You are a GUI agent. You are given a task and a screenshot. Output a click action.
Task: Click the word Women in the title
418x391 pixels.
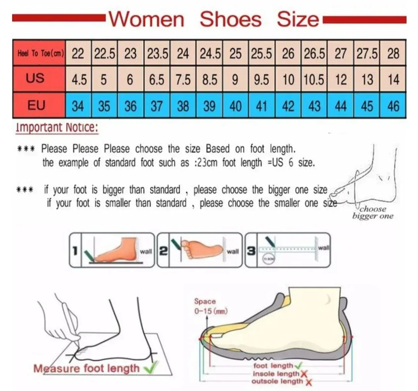coord(146,19)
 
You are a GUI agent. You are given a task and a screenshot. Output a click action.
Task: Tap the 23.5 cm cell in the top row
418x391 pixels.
coord(157,54)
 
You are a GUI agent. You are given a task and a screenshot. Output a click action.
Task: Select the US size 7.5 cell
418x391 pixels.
coord(183,80)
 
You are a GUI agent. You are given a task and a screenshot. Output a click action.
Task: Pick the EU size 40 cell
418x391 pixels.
coord(235,106)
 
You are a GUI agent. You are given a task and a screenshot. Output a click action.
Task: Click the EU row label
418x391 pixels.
coord(36,105)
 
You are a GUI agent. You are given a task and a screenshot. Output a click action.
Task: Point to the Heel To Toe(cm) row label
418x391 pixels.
coord(40,53)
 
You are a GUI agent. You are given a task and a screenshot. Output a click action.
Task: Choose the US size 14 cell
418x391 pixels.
coord(393,80)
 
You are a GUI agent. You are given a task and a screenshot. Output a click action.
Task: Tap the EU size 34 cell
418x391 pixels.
coord(78,106)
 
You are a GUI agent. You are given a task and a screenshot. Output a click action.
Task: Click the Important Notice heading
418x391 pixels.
coord(57,127)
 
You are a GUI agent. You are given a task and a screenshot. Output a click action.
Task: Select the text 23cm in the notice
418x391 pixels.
coord(206,163)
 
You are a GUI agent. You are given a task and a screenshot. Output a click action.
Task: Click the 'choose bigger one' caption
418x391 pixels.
coord(373,213)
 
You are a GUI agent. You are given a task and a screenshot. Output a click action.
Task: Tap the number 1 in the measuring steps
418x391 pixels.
coord(75,251)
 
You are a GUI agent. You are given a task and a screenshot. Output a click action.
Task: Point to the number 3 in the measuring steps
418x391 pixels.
coord(251,251)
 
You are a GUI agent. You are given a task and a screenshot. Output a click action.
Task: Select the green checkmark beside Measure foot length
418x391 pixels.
coord(151,367)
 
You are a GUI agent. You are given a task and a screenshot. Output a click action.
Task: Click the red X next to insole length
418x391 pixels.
coord(304,374)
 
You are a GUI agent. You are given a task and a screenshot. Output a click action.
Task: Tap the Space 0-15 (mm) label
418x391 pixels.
coord(210,306)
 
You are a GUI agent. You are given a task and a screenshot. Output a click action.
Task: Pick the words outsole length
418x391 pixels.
coord(277,381)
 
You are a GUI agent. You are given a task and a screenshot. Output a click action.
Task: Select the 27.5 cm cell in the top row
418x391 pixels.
coord(367,54)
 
